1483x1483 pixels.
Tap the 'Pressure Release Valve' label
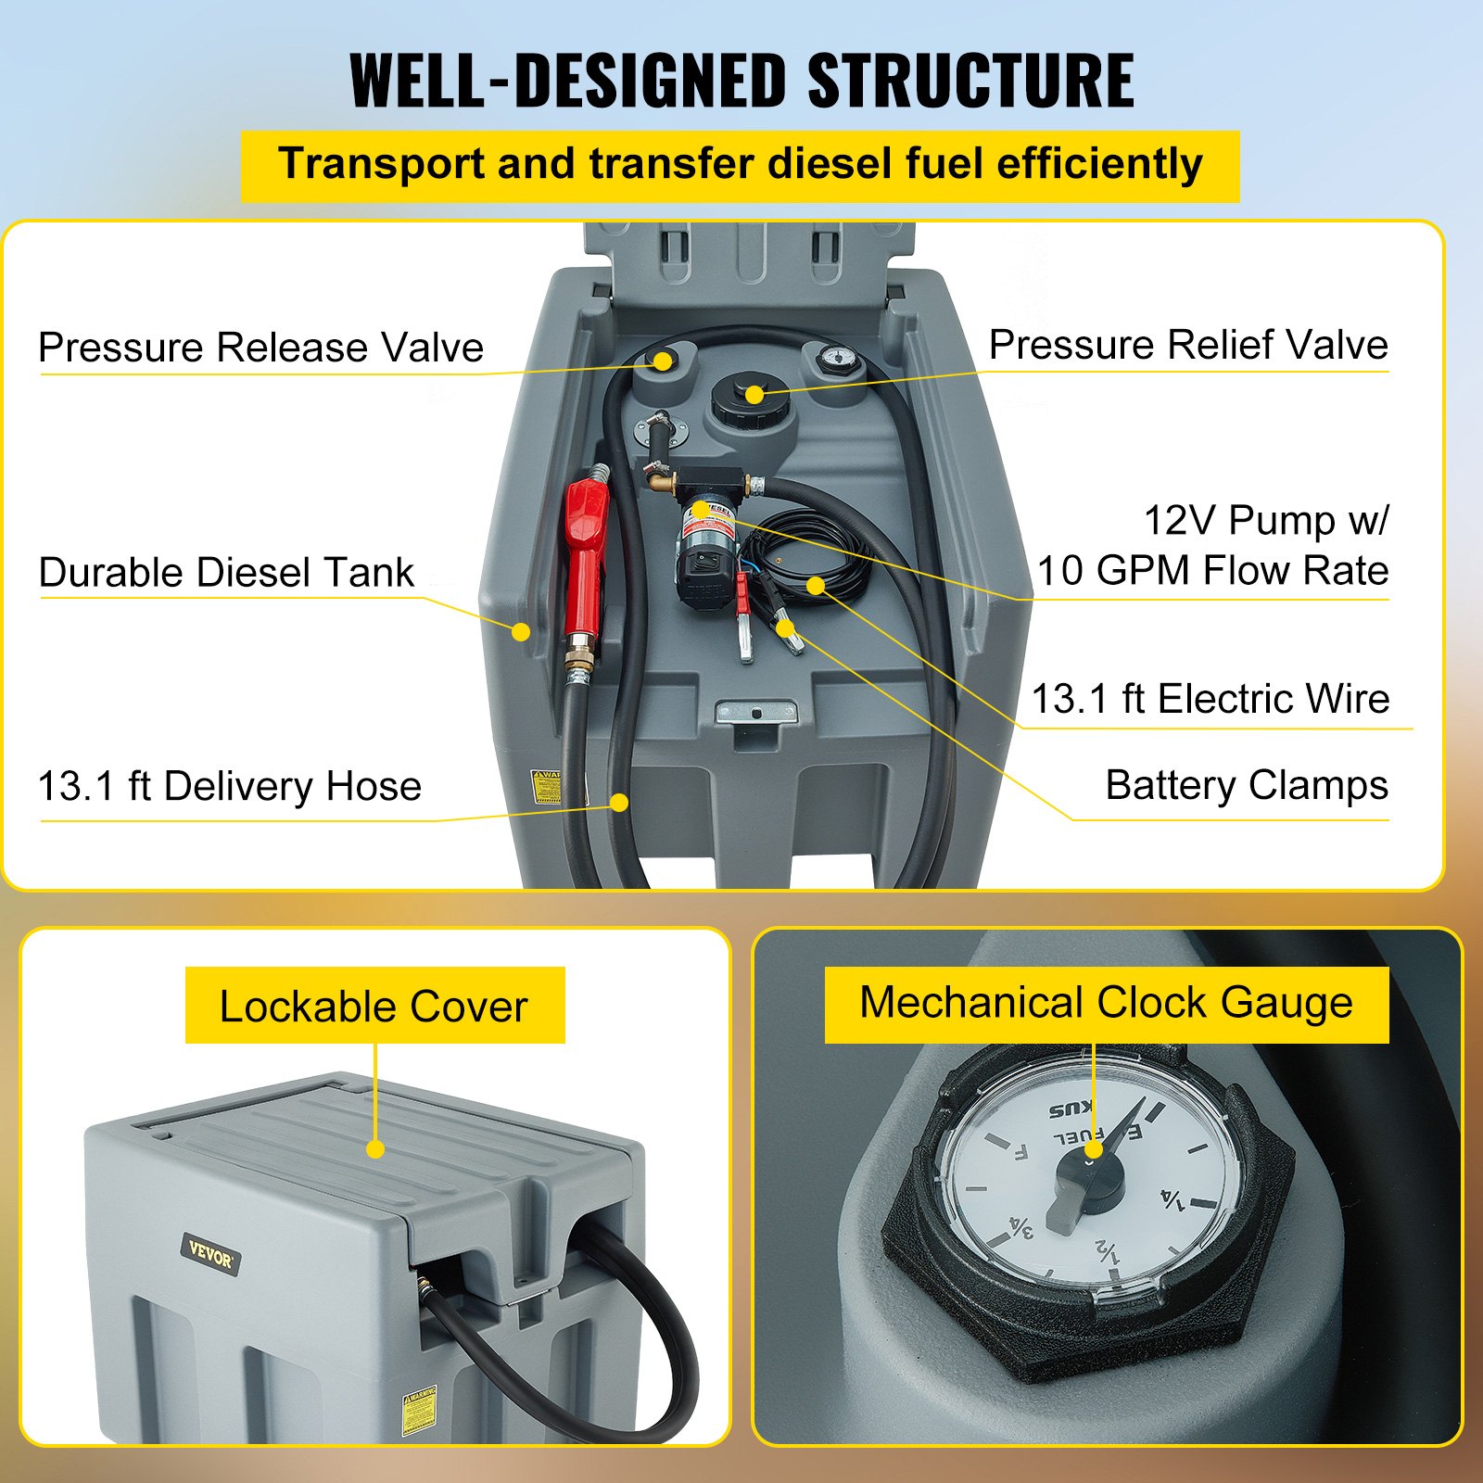260,348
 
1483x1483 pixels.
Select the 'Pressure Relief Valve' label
1187,345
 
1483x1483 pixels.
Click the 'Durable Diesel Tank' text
226,572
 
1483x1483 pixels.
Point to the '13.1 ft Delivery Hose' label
229,786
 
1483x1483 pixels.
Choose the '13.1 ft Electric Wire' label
1210,699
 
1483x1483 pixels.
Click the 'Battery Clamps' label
1246,785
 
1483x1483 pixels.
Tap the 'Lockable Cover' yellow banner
374,1006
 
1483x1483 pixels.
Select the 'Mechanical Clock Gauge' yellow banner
1106,1003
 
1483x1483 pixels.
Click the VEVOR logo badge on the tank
210,1257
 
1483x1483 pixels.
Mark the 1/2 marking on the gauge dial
1108,1251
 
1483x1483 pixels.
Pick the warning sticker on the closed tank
419,1413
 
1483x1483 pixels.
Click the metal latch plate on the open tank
756,712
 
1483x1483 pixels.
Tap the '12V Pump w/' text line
1265,520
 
